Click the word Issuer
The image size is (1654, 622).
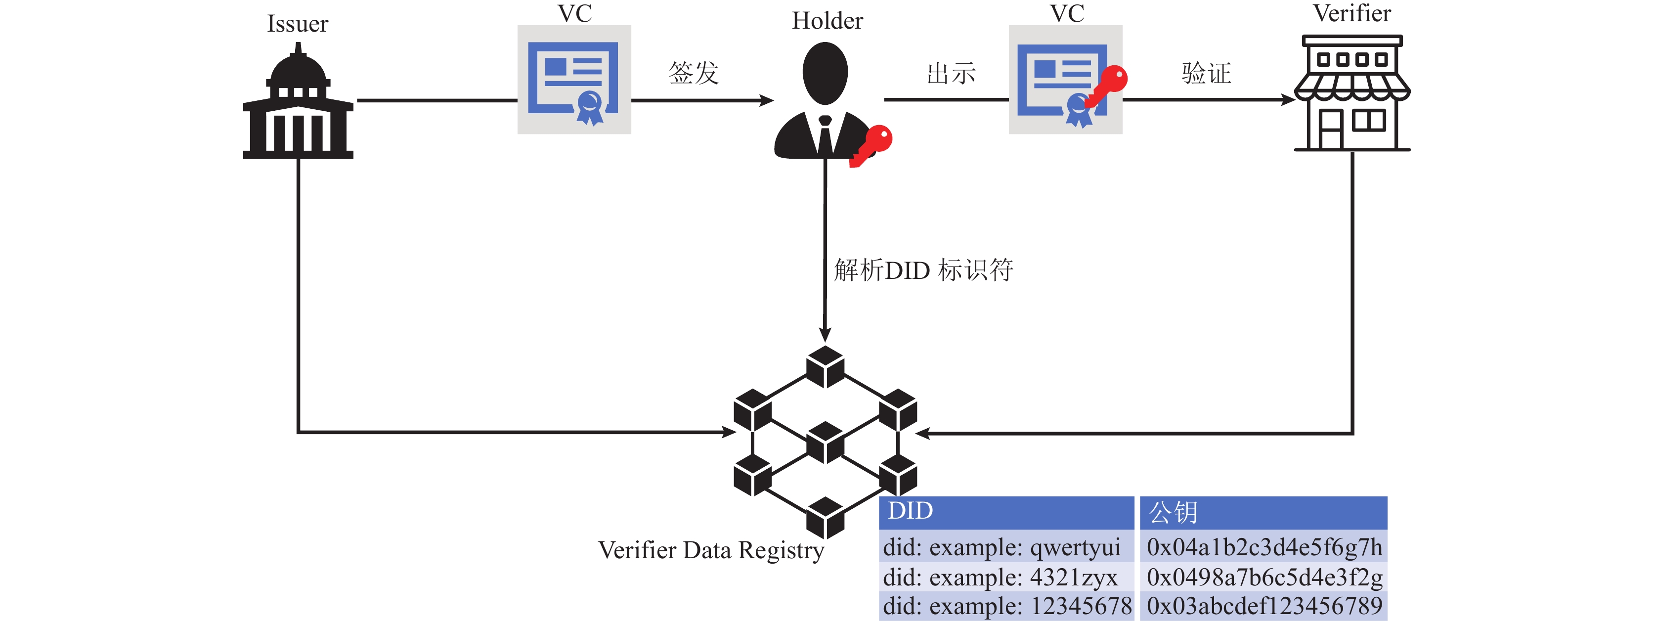coord(297,24)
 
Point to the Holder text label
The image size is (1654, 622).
coord(827,21)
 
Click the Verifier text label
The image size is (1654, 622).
coord(1351,13)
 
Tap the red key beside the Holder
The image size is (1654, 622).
coord(872,145)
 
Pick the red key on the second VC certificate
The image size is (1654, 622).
coord(1108,86)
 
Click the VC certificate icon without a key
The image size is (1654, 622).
coord(574,80)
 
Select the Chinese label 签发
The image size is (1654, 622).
coord(694,73)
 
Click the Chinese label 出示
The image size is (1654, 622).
coord(951,73)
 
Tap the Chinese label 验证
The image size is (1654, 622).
coord(1206,73)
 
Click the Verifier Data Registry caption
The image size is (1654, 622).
coord(711,550)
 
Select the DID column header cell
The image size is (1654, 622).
coord(1005,512)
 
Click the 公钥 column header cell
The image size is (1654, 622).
coord(1263,512)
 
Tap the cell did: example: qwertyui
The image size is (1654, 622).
coord(1001,547)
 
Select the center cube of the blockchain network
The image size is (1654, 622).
coord(825,442)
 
